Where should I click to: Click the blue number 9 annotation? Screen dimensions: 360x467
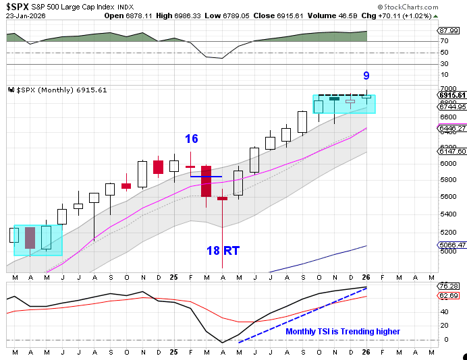tap(366, 76)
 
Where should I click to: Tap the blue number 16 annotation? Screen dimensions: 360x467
tap(192, 139)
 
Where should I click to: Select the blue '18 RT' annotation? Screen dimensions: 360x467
tap(223, 251)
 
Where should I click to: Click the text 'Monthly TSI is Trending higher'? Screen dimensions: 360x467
tap(343, 332)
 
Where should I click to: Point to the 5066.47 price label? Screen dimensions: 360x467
tap(451, 245)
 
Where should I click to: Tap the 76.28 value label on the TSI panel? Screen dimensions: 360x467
tap(448, 287)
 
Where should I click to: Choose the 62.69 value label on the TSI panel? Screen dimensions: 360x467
tap(448, 296)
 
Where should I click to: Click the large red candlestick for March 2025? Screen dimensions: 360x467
tap(207, 181)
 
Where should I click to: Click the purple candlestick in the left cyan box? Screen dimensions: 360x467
tap(30, 238)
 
